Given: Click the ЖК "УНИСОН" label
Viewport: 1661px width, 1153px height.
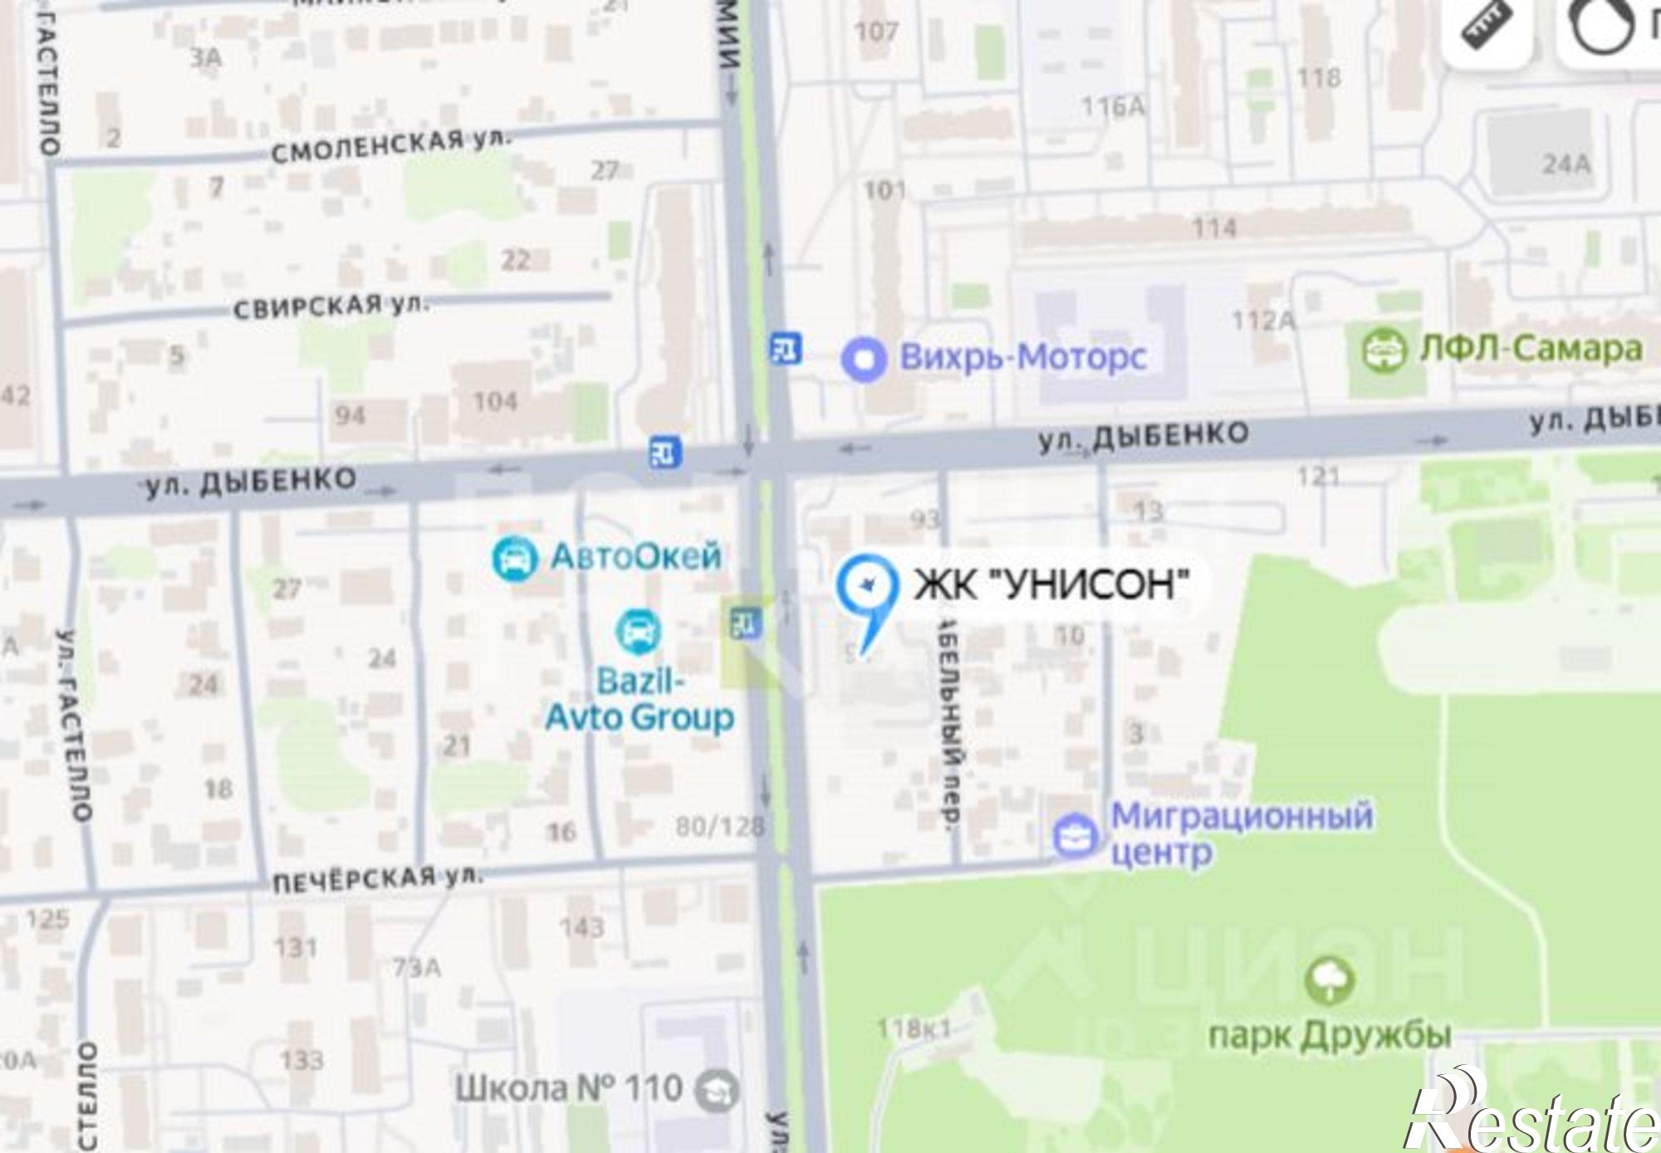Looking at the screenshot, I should [x=1051, y=584].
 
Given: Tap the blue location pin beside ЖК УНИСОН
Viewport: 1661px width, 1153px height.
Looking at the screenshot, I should [x=867, y=591].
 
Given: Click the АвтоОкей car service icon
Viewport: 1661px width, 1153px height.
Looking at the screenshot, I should [x=514, y=559].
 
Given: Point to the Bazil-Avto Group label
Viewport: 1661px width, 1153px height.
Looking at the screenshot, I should [x=639, y=700].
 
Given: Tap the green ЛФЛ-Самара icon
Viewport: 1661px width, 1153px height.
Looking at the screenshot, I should [x=1383, y=350].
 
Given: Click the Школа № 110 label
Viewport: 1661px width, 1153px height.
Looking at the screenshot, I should [x=568, y=1088].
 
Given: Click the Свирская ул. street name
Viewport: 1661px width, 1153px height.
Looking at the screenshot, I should [x=331, y=306].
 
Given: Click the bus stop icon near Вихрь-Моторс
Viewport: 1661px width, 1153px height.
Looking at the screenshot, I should [x=785, y=348].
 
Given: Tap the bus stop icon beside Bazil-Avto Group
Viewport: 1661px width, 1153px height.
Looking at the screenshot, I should [x=745, y=622].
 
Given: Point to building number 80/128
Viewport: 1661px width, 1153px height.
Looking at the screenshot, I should [x=719, y=826].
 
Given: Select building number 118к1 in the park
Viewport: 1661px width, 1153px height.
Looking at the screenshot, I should [x=914, y=1029].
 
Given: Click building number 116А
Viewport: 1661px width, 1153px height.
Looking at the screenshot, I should [x=1113, y=106].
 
